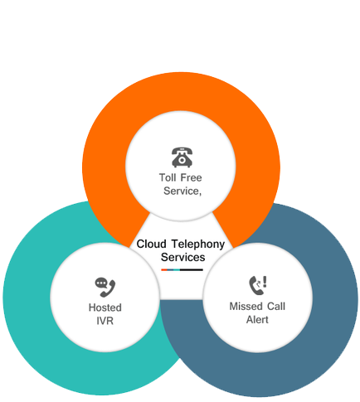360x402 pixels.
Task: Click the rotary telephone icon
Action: click(182, 157)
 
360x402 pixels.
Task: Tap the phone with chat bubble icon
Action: click(105, 288)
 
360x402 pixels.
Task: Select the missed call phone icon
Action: click(258, 285)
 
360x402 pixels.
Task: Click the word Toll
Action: click(168, 177)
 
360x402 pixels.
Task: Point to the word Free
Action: click(191, 177)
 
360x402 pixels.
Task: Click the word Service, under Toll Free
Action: click(182, 191)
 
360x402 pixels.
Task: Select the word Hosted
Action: click(105, 308)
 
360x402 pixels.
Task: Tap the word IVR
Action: click(105, 321)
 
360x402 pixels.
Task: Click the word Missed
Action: click(246, 307)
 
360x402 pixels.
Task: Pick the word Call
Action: click(276, 307)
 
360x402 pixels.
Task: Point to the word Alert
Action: click(257, 320)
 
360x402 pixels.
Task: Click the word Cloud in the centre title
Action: click(152, 244)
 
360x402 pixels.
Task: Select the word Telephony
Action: click(198, 245)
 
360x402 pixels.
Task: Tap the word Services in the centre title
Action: click(183, 257)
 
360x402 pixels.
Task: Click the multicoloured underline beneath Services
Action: click(182, 269)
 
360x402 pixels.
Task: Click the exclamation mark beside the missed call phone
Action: click(265, 282)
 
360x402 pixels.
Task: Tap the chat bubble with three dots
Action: click(101, 283)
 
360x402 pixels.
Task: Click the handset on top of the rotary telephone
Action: click(182, 151)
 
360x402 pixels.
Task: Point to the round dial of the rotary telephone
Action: click(182, 160)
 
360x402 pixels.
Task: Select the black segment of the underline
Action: click(192, 269)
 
